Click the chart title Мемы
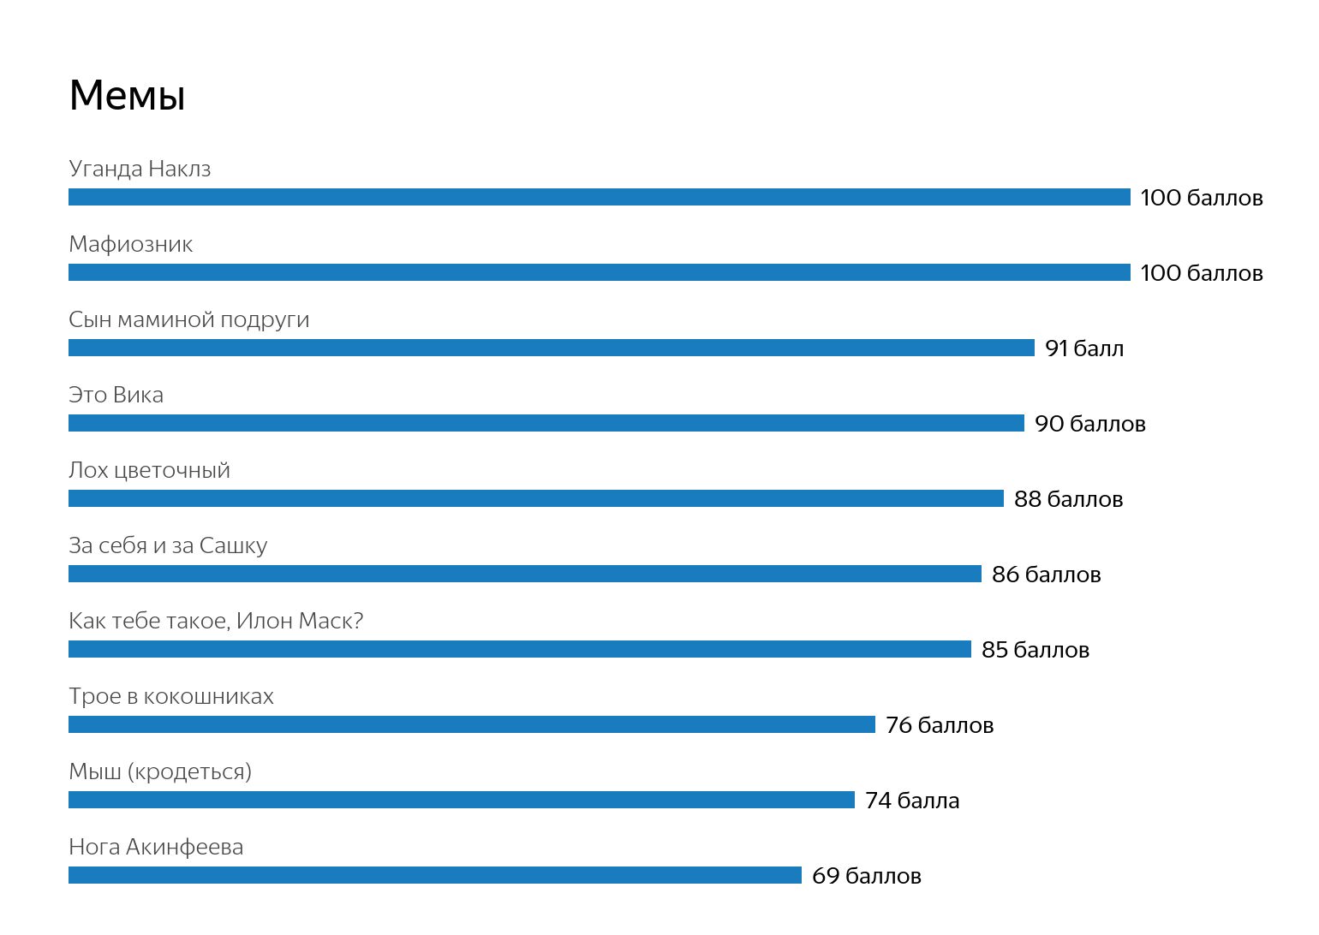click(127, 95)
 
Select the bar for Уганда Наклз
click(599, 197)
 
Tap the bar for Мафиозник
click(599, 272)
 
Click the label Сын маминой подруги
click(188, 319)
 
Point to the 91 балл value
click(1084, 348)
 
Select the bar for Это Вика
click(546, 423)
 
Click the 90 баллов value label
click(1089, 424)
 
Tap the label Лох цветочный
click(149, 470)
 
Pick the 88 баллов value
click(1068, 499)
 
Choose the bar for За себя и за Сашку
click(524, 574)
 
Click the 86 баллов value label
click(1046, 575)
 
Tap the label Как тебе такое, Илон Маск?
click(216, 621)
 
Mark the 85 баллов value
click(1035, 650)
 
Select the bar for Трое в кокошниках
click(471, 724)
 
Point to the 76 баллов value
click(940, 725)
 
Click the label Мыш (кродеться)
click(160, 771)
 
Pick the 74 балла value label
click(912, 801)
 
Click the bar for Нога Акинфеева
click(434, 875)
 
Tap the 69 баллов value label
click(866, 876)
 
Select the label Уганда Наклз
click(140, 169)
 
